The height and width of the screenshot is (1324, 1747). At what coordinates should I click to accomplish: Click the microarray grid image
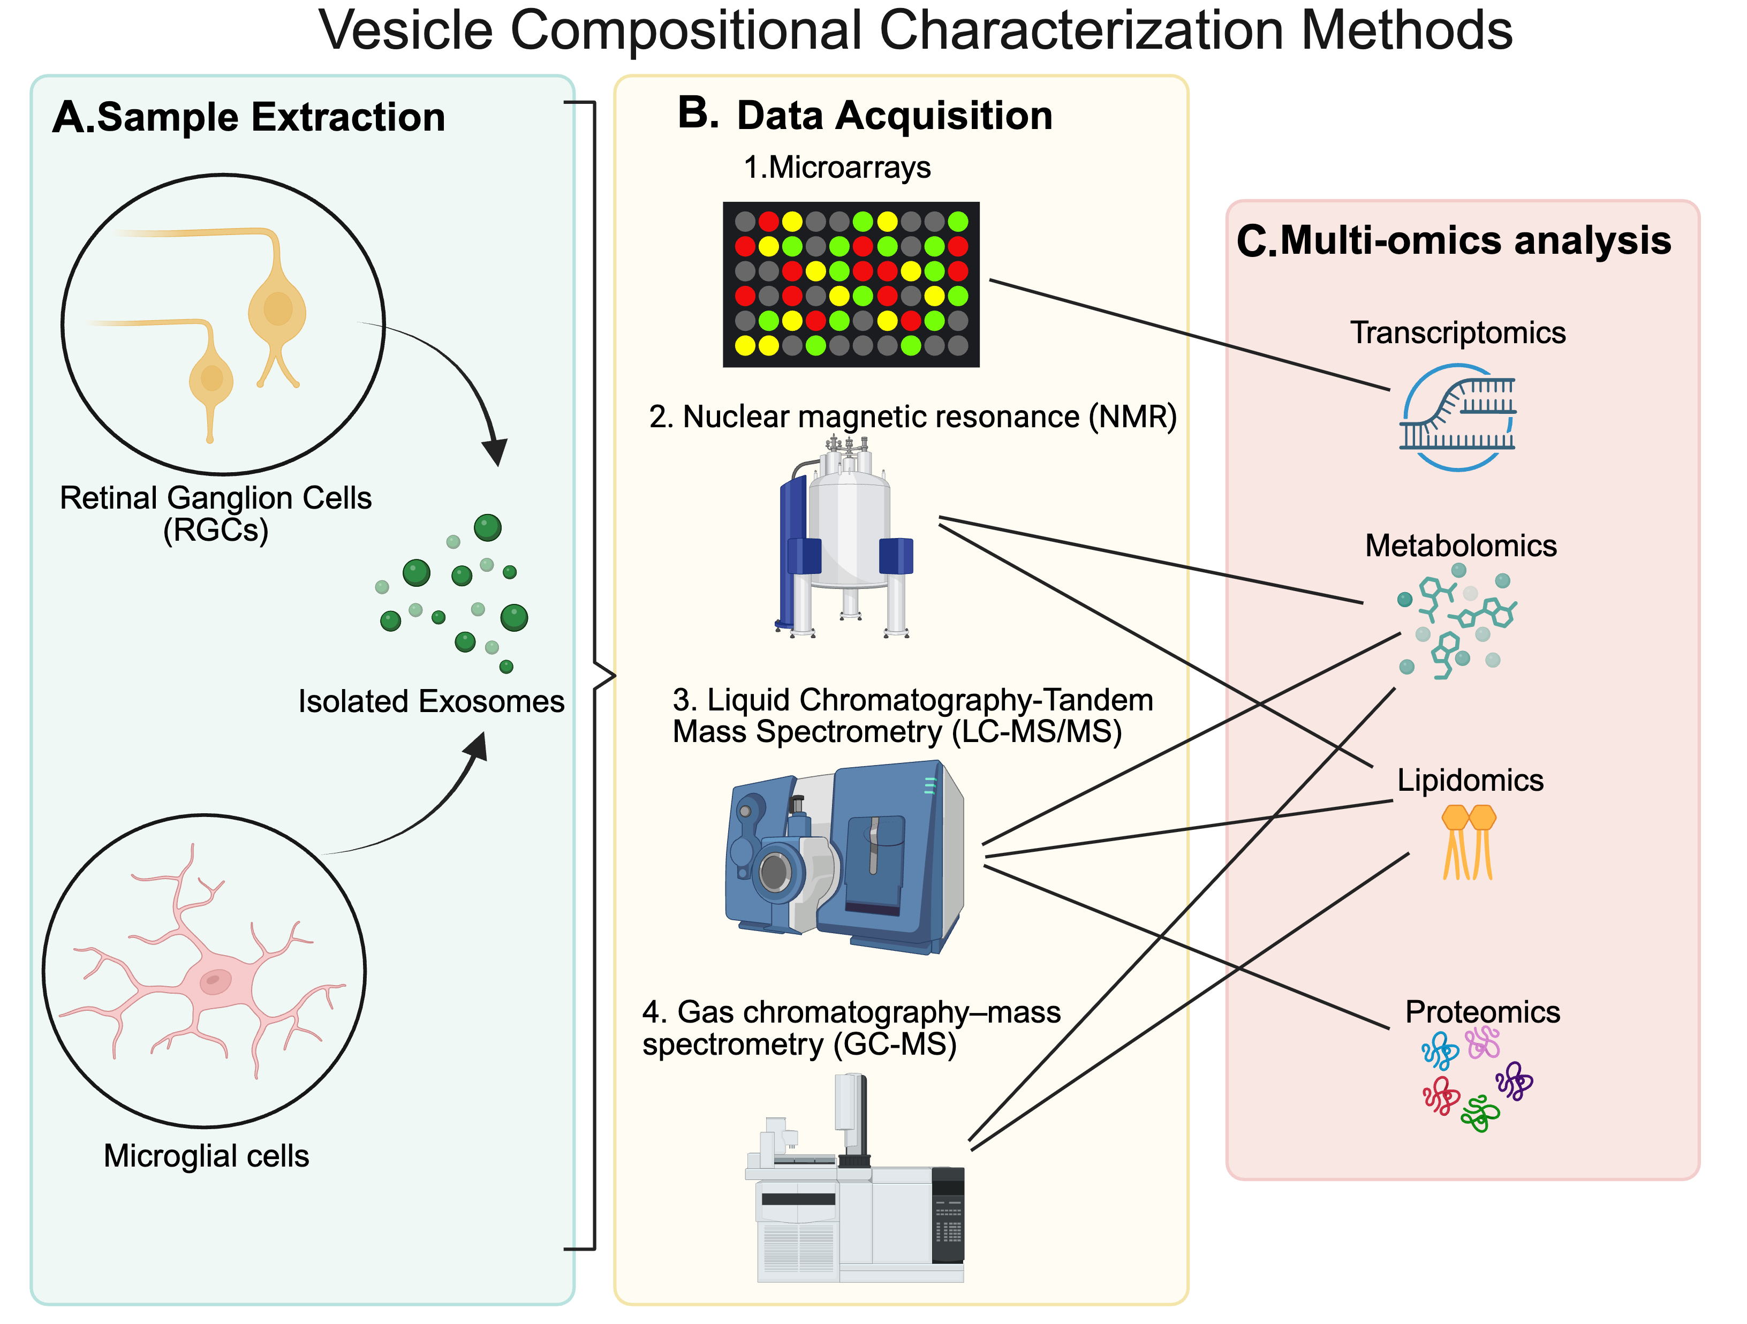click(851, 284)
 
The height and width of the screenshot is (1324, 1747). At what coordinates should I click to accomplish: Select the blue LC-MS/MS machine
click(845, 857)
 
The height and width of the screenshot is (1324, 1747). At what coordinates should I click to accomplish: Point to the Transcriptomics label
click(1457, 332)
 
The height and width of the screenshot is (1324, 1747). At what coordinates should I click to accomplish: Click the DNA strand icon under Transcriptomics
click(1457, 417)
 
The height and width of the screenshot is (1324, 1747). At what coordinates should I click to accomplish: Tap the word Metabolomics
click(1461, 546)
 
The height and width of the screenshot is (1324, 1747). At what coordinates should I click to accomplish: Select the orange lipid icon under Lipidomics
click(1468, 841)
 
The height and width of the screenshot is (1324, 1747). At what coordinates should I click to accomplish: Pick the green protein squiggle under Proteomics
click(1479, 1114)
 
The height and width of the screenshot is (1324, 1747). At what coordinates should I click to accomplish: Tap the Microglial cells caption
click(206, 1156)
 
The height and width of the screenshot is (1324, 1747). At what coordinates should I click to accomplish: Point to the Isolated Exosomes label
click(430, 701)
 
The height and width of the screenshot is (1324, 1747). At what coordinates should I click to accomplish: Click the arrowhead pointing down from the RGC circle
click(495, 452)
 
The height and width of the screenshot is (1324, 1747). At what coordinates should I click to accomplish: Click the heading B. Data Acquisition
click(865, 115)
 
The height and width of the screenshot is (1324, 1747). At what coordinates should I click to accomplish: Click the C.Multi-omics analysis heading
click(1453, 240)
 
